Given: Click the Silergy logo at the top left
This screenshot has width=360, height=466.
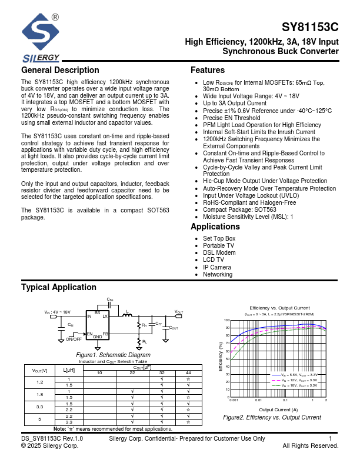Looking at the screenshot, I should (40, 39).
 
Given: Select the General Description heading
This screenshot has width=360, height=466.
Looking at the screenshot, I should (60, 71).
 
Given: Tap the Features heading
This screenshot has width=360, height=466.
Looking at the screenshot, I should (208, 71).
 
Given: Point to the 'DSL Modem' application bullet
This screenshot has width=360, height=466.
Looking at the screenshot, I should (219, 252).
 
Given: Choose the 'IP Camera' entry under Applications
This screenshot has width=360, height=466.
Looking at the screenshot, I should (217, 267).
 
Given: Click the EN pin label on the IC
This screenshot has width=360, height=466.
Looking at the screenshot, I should (90, 334).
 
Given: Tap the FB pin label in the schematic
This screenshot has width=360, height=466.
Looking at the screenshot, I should (105, 334).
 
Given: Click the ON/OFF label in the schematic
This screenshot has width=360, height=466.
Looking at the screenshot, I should (74, 339).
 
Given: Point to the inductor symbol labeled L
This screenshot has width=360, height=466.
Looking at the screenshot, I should (126, 317).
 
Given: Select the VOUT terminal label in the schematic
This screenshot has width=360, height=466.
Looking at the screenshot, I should (179, 312).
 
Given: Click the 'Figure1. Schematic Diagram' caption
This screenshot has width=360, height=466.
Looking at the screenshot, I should (113, 355).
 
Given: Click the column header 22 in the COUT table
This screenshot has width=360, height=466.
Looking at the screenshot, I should (132, 373).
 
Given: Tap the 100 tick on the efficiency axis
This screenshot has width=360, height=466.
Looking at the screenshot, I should (226, 320).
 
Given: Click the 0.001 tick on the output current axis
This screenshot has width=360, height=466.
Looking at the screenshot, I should (234, 400).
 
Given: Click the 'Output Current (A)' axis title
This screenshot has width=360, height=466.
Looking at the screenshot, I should (278, 410).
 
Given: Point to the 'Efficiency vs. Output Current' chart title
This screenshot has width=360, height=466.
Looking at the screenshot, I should (279, 308).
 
